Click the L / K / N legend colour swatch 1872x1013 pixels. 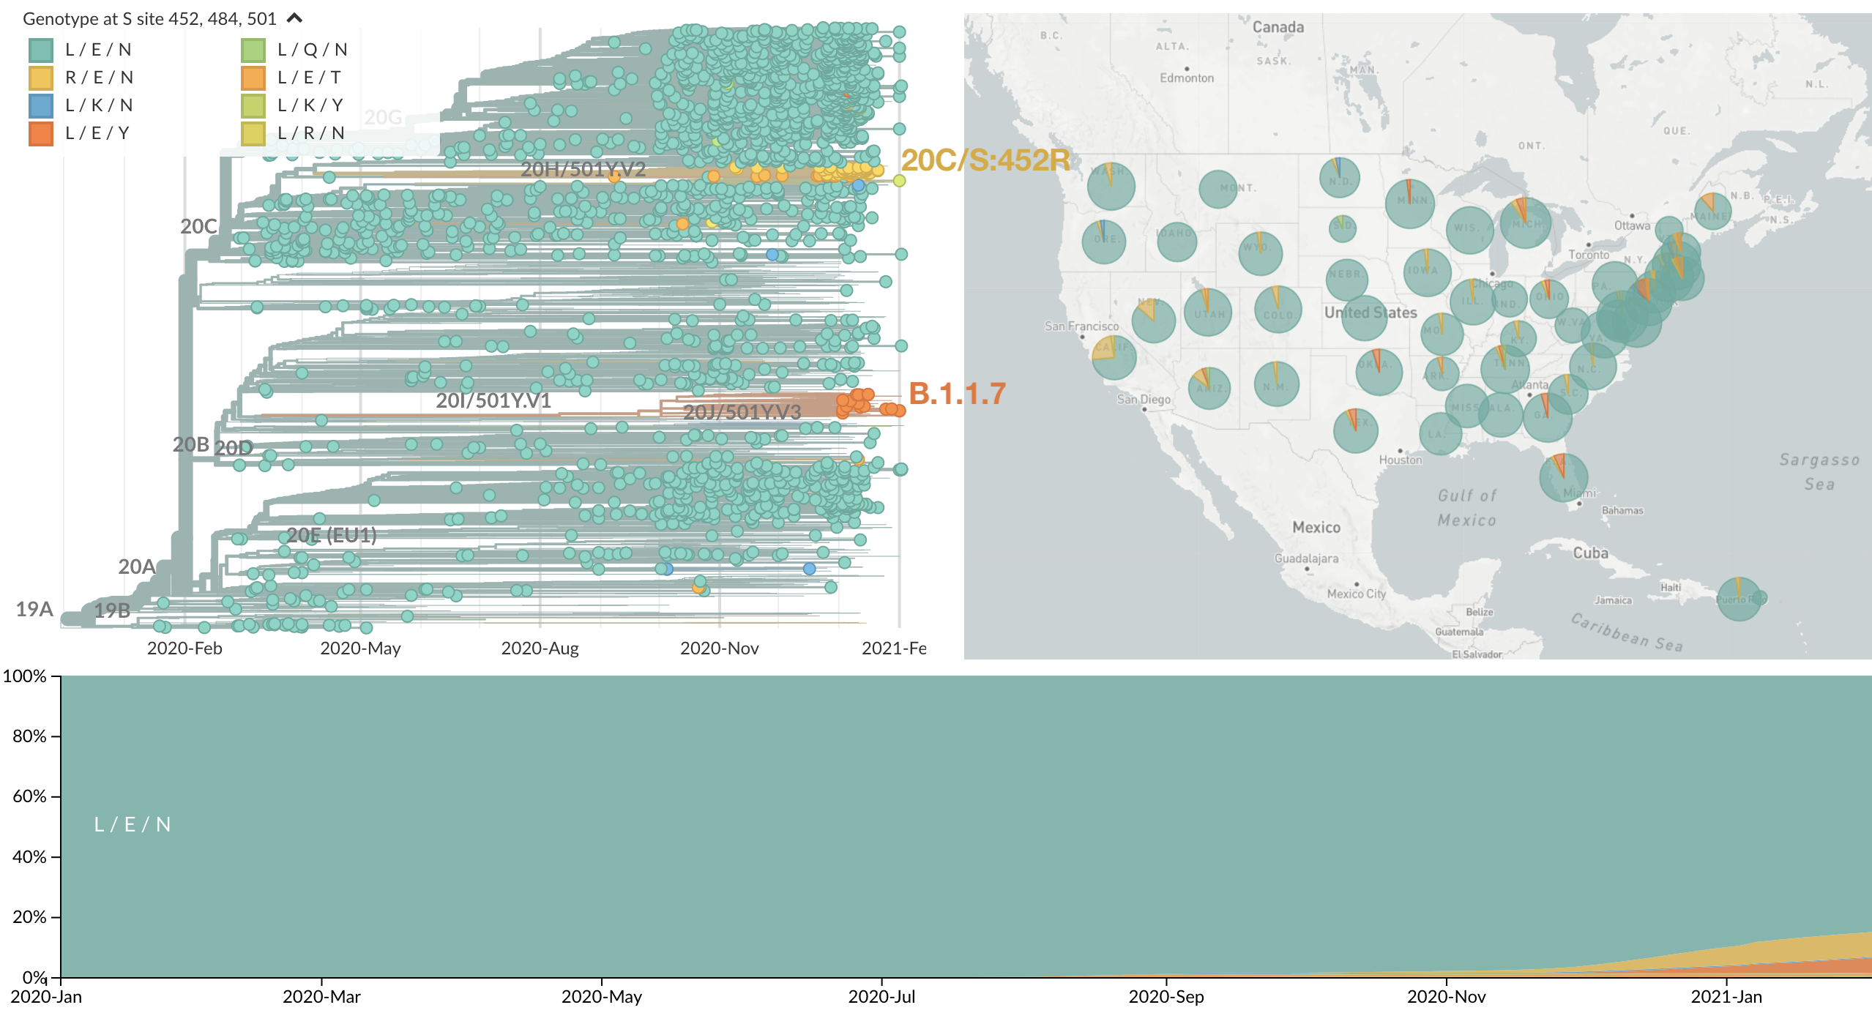point(41,105)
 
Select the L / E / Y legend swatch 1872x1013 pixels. point(41,133)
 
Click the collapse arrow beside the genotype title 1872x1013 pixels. point(294,18)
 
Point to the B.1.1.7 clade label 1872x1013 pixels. point(957,394)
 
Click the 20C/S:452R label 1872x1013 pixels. point(985,160)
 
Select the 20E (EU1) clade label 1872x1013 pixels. point(332,535)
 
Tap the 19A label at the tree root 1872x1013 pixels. point(34,609)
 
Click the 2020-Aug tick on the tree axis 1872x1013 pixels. point(540,648)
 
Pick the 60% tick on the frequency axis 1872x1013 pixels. point(29,796)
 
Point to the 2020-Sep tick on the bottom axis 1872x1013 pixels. point(1166,996)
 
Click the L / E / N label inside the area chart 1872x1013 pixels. point(133,825)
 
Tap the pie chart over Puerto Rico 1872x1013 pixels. point(1739,599)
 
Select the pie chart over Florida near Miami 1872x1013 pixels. point(1563,477)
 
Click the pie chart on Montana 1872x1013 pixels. point(1218,189)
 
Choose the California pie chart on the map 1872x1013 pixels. point(1114,356)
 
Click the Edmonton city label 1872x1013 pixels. point(1186,78)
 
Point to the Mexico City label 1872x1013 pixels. point(1356,594)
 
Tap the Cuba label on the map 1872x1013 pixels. point(1590,553)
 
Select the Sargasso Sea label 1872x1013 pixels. point(1819,471)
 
